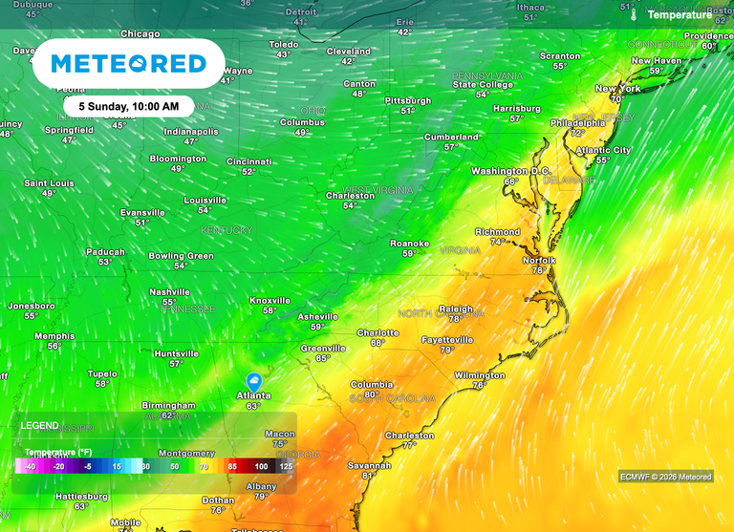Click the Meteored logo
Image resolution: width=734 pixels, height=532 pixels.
point(128,64)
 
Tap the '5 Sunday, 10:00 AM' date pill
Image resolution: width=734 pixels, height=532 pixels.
point(129,106)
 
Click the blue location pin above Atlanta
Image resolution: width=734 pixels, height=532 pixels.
point(254,381)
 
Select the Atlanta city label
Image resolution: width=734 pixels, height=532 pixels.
point(253,395)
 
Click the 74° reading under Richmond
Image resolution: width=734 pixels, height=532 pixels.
point(497,243)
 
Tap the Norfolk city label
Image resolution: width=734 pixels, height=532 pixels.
point(539,260)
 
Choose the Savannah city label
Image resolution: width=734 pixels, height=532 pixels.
point(369,465)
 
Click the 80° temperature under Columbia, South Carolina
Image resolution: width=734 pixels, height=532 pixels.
point(371,394)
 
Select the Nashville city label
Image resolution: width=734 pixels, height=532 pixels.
point(169,292)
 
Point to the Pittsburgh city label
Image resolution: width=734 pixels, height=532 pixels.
point(407,100)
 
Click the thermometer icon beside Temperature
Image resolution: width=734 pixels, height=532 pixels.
point(632,15)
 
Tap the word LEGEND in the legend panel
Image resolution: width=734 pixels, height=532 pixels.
point(40,425)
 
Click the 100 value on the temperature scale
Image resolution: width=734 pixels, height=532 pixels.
point(261,466)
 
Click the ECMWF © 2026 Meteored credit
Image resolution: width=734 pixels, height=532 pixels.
point(665,477)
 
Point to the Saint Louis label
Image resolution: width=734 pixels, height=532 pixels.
point(49,182)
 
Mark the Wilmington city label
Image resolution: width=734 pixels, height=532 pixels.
point(479,375)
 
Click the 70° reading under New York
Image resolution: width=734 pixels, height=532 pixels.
point(617,98)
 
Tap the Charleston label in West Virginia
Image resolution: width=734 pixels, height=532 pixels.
point(350,195)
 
